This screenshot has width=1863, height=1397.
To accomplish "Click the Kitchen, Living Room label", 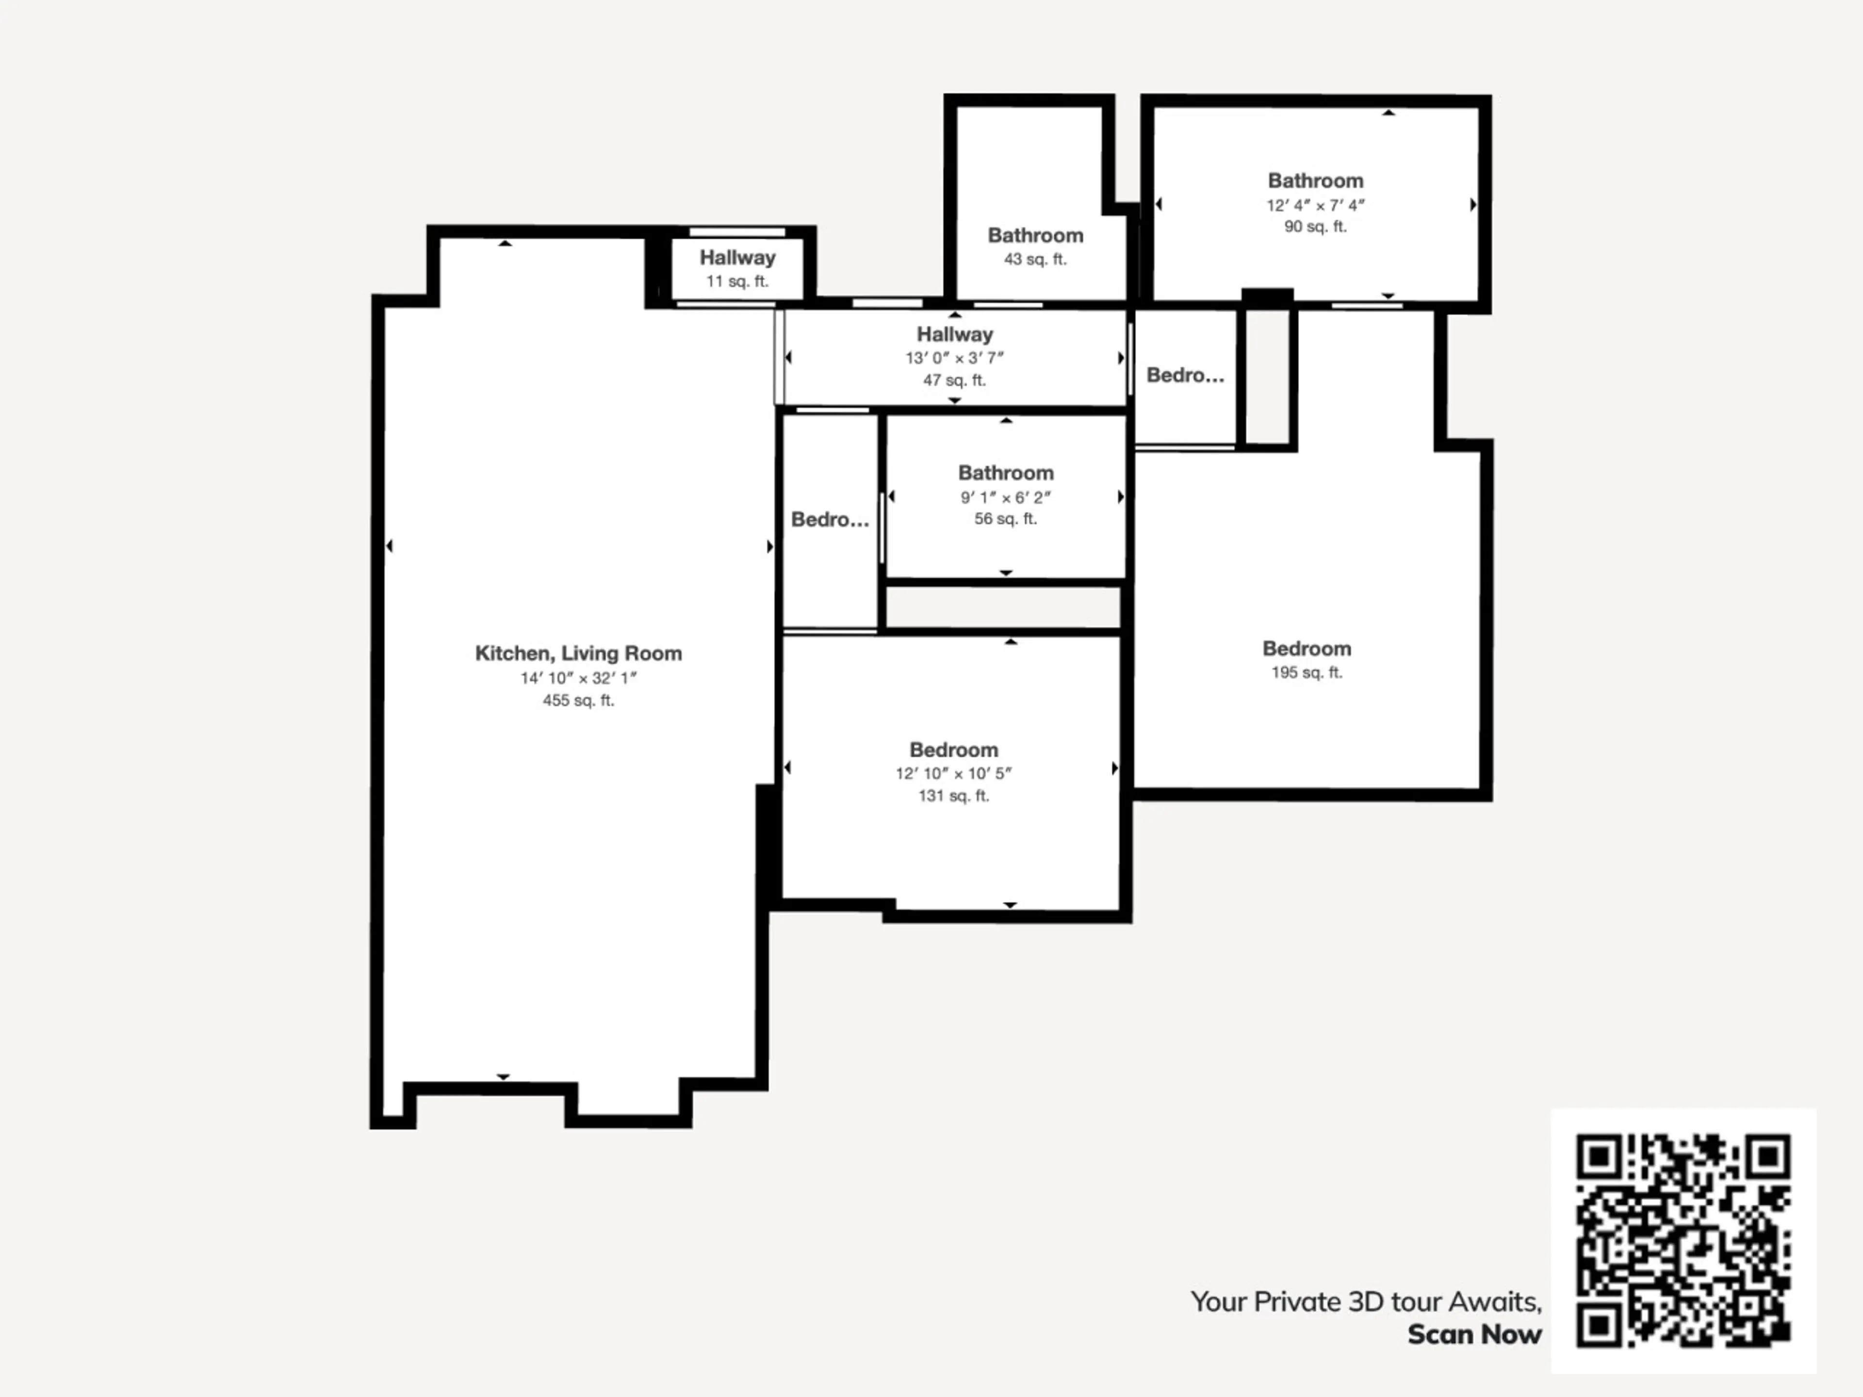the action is click(x=579, y=653).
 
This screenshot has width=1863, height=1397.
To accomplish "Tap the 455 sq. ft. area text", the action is click(x=579, y=700).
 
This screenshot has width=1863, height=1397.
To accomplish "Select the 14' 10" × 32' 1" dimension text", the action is click(x=579, y=678).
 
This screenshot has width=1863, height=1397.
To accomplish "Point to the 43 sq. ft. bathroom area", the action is click(x=1035, y=260).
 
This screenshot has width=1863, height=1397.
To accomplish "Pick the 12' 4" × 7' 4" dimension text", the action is click(x=1316, y=205).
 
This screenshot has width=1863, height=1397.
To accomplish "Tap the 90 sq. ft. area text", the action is click(x=1316, y=227).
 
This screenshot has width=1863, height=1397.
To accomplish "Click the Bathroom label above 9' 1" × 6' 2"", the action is click(x=1006, y=473).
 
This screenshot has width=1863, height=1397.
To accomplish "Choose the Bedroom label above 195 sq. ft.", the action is click(x=1307, y=649).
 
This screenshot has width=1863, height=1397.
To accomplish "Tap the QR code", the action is click(x=1683, y=1241).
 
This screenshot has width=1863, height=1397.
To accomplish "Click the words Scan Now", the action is click(x=1475, y=1335).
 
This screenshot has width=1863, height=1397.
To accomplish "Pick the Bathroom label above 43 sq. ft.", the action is click(x=1035, y=236).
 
